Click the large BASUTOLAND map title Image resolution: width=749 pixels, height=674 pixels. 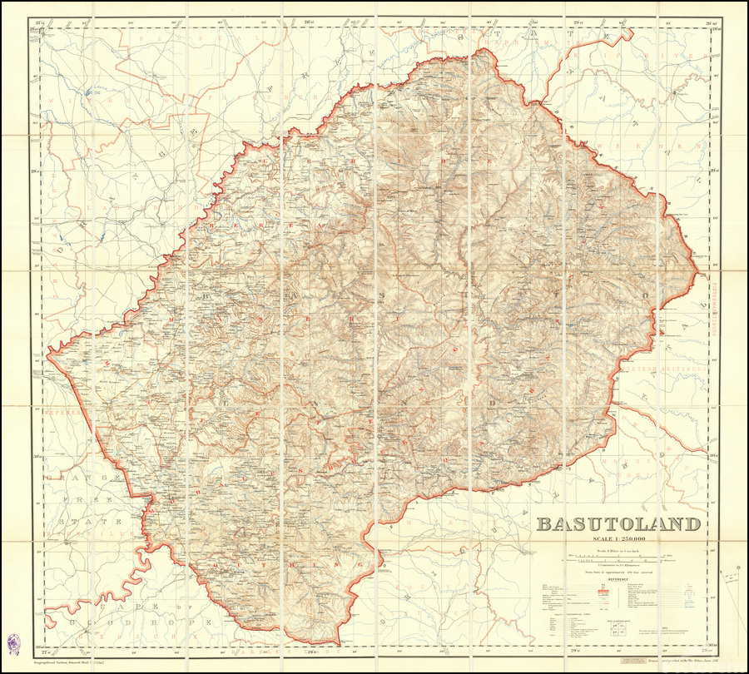click(x=618, y=524)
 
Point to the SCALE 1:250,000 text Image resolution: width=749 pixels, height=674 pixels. click(x=618, y=542)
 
